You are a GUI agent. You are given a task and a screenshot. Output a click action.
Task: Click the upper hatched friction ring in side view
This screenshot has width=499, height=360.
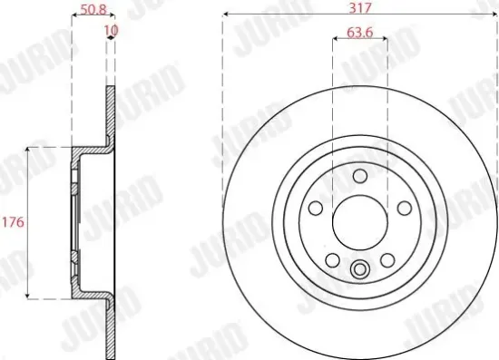110,113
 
